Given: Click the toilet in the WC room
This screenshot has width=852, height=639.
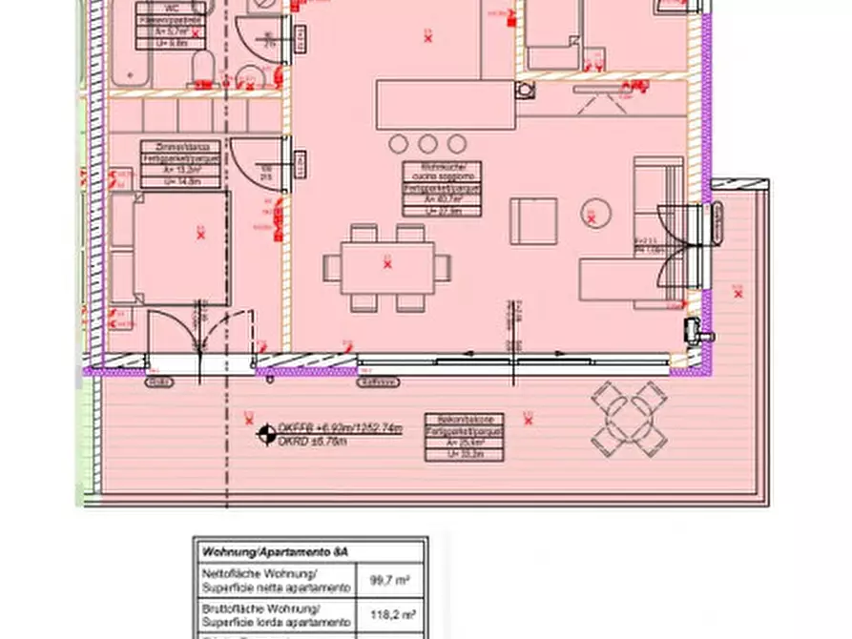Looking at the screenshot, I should pos(201,69).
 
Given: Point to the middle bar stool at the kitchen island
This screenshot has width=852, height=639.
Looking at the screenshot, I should pos(427,143).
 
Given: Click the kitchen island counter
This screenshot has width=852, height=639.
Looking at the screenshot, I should pos(446,105).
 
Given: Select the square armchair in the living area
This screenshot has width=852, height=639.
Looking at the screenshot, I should pos(533,221).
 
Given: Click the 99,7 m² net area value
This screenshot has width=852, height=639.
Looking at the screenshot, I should pos(389,578).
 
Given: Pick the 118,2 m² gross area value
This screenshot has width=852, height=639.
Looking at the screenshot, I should pos(389,613).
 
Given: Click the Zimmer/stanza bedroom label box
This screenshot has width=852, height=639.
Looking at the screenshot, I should pos(180,162).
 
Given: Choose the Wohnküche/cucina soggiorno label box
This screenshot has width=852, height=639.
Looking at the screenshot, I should pos(441,189).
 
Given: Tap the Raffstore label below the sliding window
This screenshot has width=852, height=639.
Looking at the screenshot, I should pos(379,382).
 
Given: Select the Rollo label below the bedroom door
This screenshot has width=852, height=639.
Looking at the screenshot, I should pos(158,381).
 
